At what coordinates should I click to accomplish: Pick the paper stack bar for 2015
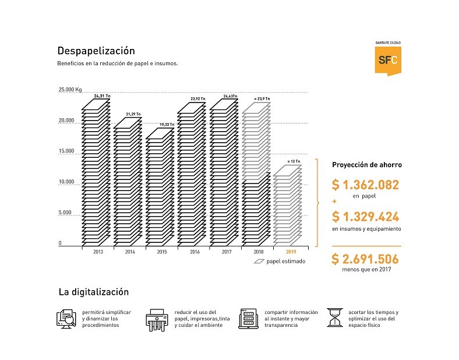coord(159,186)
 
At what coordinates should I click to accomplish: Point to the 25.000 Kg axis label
coord(70,90)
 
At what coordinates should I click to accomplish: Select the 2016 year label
coord(191,252)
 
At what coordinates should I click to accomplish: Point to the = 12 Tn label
coord(294,161)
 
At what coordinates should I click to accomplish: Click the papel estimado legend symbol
coord(259,262)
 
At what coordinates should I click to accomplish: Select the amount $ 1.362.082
coord(365,185)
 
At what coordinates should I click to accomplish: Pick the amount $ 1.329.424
coord(365,217)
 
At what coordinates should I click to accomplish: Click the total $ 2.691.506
coord(365,259)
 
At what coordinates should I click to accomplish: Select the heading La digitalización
coord(93,292)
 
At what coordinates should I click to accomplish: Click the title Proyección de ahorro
coord(366,165)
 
